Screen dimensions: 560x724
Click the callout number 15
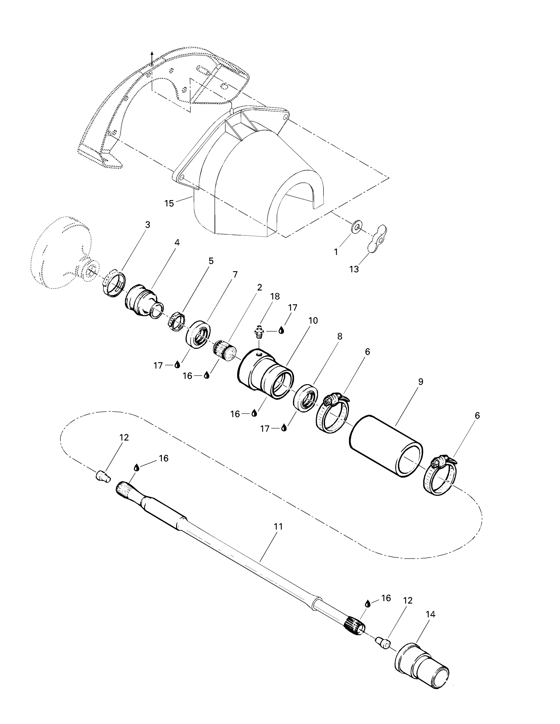click(169, 203)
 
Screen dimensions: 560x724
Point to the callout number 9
click(421, 382)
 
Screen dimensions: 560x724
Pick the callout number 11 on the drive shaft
click(278, 526)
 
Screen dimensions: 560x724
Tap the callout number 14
click(430, 614)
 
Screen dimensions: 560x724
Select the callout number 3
click(148, 225)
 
